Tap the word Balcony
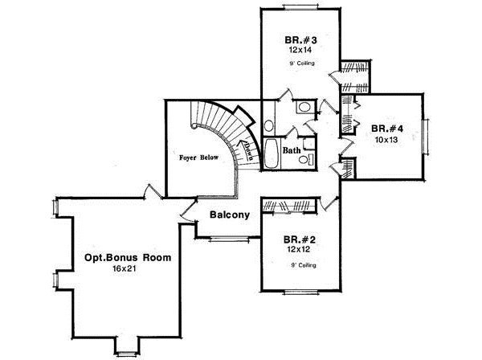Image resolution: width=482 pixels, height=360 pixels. [x=231, y=215]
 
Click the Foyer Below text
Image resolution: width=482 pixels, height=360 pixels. [x=198, y=158]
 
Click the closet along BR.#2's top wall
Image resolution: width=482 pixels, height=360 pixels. [x=291, y=207]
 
